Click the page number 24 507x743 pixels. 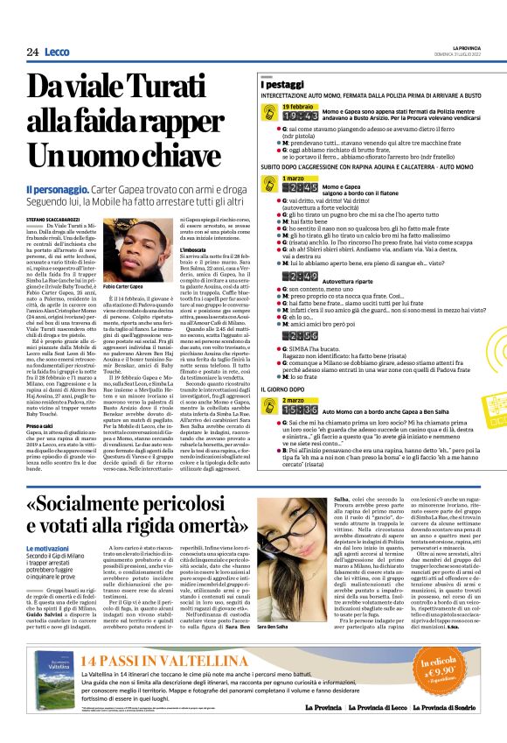[x=33, y=52]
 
